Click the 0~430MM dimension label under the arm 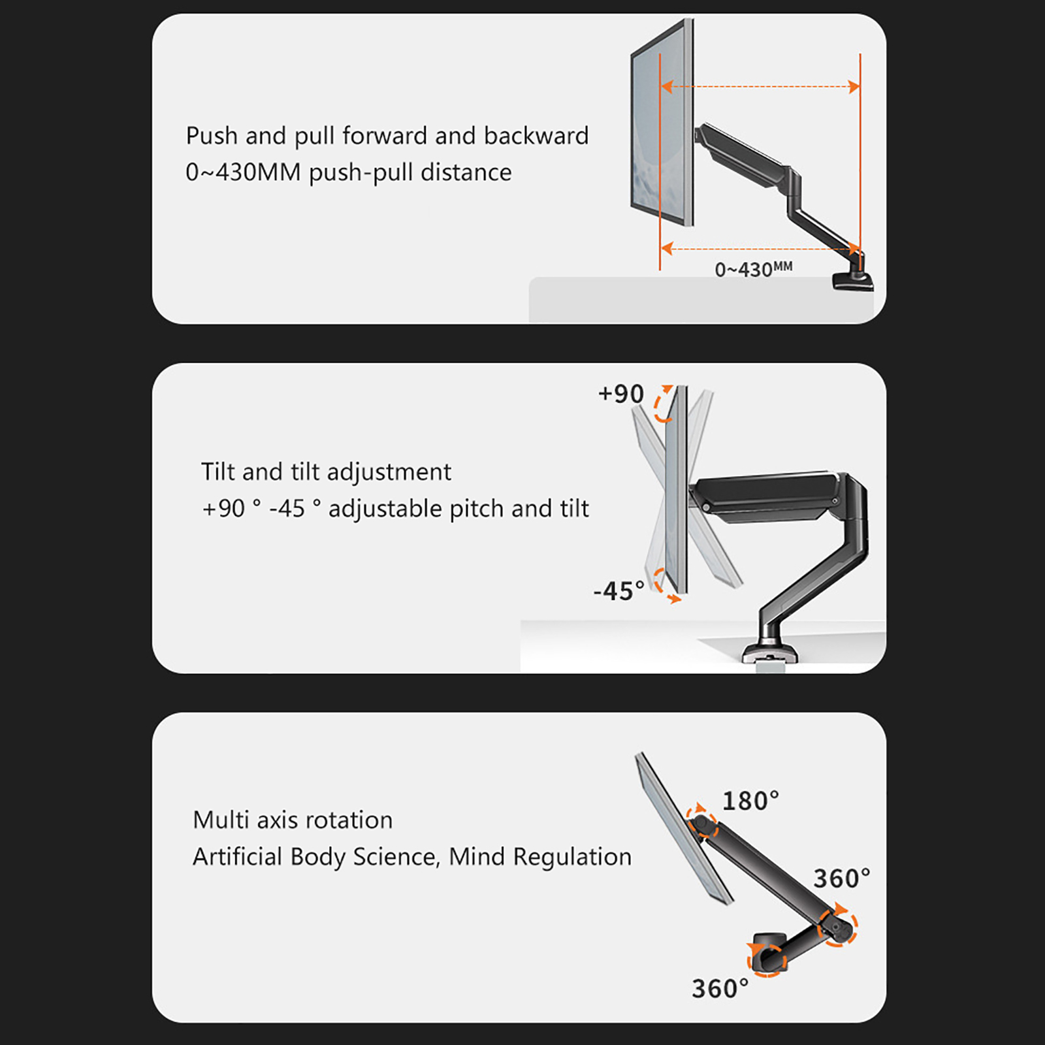point(753,269)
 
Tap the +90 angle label point(621,394)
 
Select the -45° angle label point(619,591)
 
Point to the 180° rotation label point(750,801)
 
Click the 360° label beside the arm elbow point(842,878)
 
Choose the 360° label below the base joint point(720,989)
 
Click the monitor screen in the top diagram point(661,123)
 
